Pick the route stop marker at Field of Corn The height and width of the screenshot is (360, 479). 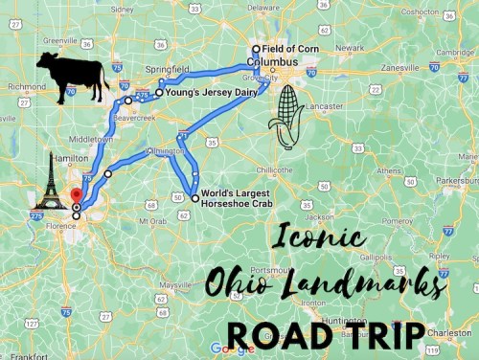[x=256, y=49]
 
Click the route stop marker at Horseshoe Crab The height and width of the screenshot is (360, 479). [x=195, y=198]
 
